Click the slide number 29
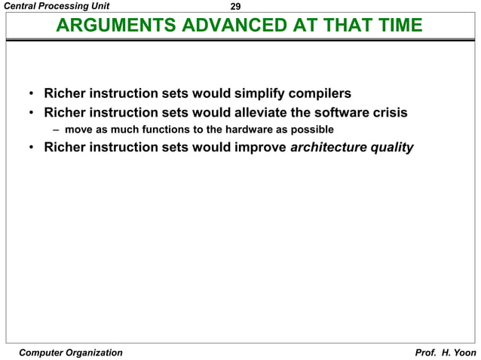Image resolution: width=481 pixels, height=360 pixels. (x=235, y=7)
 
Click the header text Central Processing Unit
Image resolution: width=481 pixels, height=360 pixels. (x=51, y=6)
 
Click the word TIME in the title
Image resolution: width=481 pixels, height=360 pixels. (x=397, y=26)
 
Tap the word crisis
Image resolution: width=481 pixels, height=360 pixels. (x=389, y=113)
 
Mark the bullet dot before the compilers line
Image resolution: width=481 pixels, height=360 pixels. (x=31, y=96)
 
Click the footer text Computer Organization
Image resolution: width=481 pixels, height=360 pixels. (x=70, y=352)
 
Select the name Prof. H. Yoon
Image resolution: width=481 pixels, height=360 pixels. (x=446, y=352)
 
